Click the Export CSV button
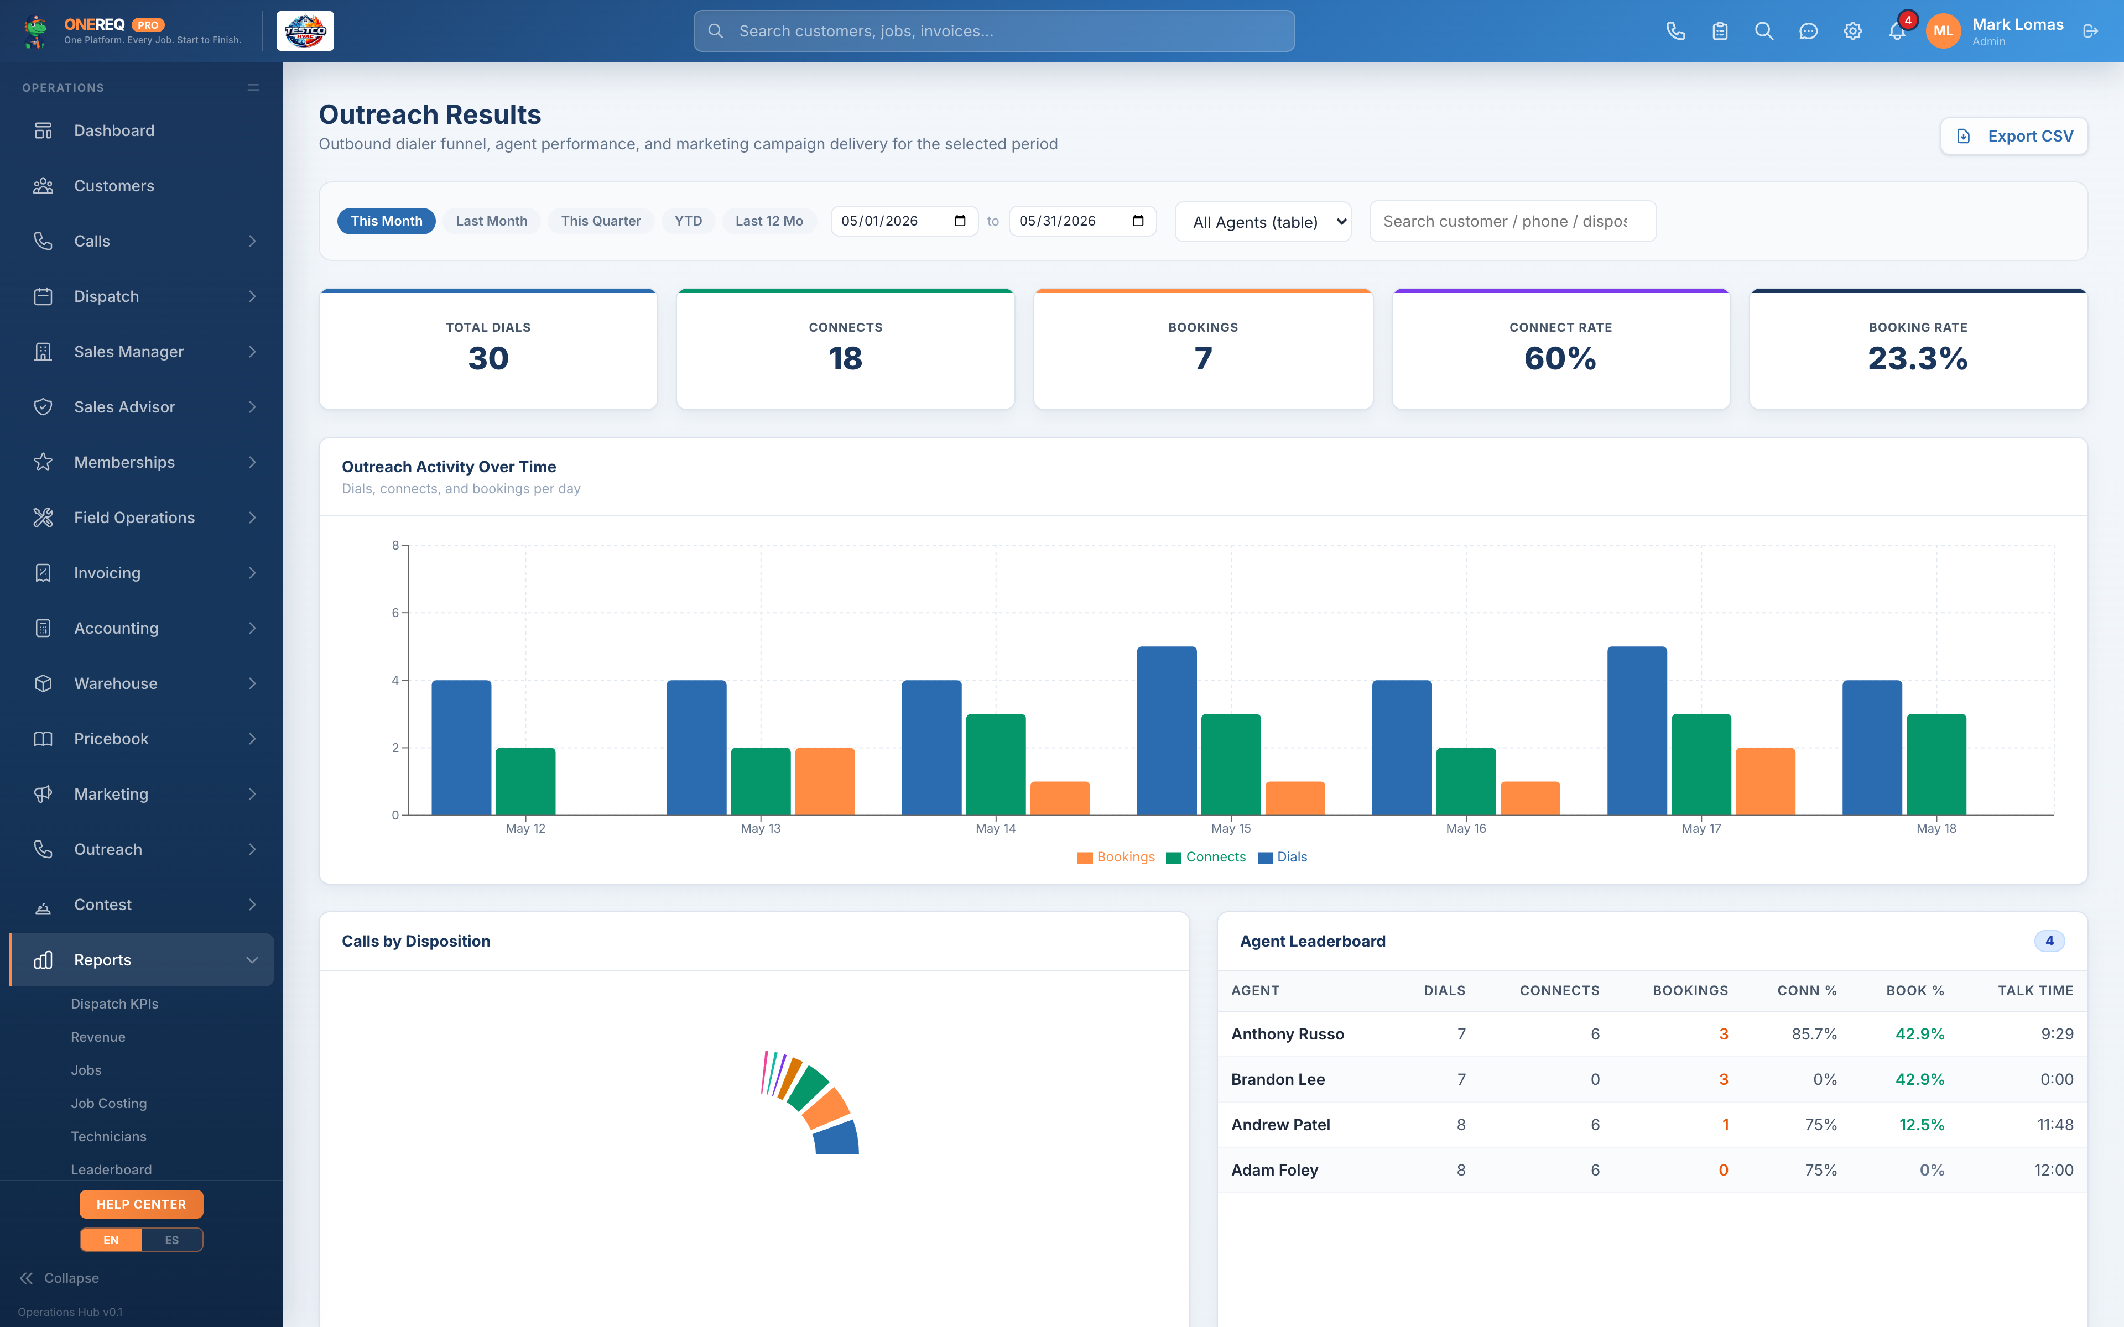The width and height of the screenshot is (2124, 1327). click(x=2013, y=136)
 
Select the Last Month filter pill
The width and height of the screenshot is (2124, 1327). click(x=492, y=221)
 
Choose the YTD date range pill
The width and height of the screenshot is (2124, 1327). click(x=688, y=221)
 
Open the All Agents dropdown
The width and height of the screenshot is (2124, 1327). click(x=1263, y=222)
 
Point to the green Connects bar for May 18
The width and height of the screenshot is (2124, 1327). click(x=1936, y=765)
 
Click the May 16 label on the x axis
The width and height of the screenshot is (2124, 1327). click(x=1466, y=828)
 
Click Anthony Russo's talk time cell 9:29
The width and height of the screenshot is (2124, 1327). click(x=2057, y=1034)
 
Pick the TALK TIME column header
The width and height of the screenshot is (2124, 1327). click(x=2035, y=991)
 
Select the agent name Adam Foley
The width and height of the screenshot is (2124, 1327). click(x=1274, y=1170)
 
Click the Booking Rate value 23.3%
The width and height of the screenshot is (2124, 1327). click(x=1918, y=358)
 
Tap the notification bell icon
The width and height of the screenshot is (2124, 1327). click(x=1897, y=32)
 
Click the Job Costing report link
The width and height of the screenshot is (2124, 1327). click(x=109, y=1103)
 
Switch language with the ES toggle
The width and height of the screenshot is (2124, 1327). click(x=172, y=1240)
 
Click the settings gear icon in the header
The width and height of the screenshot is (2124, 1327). click(x=1853, y=32)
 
